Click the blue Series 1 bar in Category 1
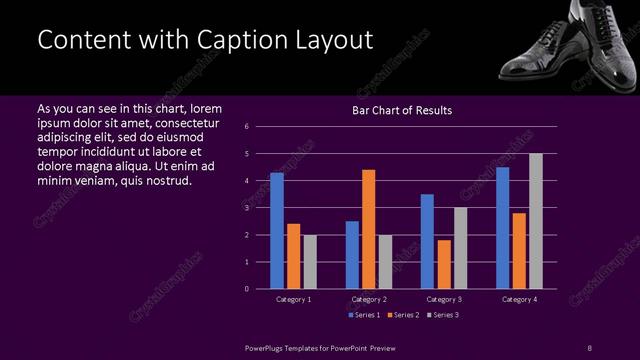277,231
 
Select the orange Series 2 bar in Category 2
369,229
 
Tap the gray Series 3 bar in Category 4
536,221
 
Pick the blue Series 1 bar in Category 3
427,241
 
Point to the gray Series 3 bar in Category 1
310,262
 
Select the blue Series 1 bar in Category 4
502,228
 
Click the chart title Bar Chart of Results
402,110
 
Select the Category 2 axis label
369,299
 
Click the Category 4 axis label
519,299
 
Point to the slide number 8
589,346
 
